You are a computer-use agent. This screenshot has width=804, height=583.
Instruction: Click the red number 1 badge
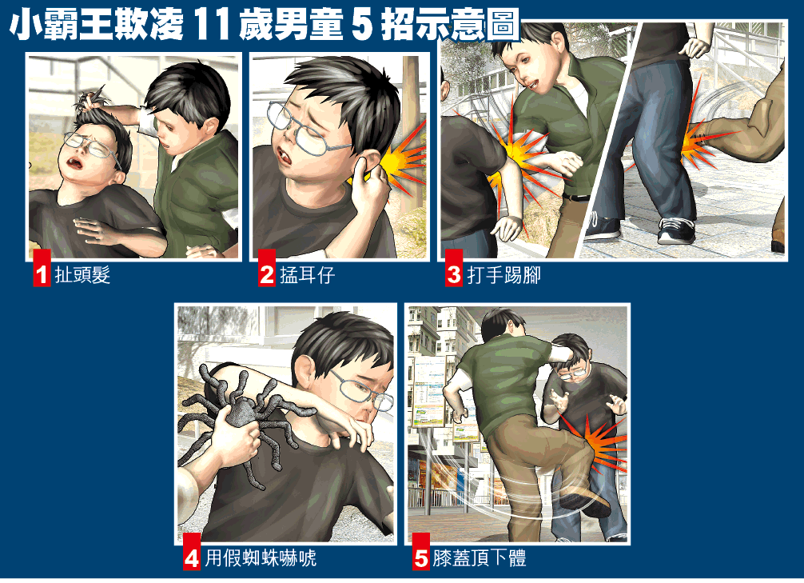click(42, 268)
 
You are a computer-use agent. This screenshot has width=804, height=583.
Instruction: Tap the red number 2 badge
click(267, 268)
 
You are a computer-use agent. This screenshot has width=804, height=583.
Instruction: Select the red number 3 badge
click(454, 268)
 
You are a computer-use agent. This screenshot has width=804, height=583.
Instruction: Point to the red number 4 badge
click(192, 551)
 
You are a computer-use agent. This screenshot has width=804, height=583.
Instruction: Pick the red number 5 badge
click(421, 551)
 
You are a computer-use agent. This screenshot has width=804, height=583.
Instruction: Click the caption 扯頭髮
click(82, 275)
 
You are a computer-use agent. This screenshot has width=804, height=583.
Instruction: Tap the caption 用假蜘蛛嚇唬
click(261, 558)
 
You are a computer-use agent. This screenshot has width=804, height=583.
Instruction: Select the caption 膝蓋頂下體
click(480, 558)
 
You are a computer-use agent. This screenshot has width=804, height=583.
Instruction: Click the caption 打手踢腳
click(503, 275)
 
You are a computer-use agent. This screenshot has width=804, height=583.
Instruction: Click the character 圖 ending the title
click(503, 26)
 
